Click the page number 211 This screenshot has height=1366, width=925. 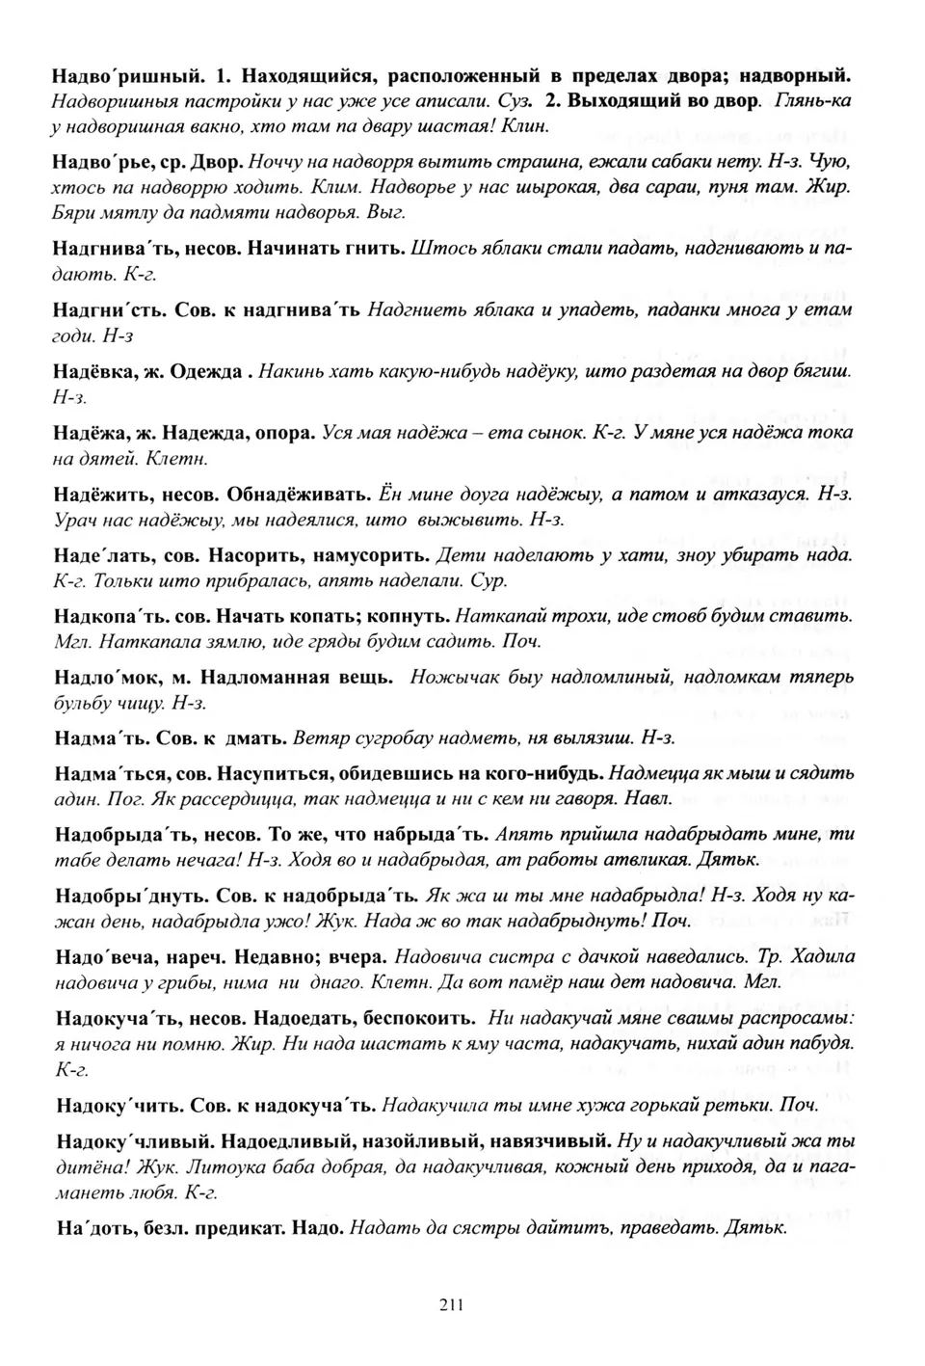(x=453, y=1306)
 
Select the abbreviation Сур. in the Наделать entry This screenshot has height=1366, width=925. (x=489, y=581)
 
